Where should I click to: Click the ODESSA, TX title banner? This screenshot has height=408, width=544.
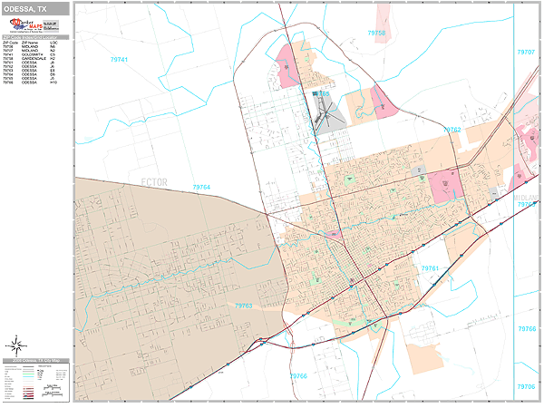tap(34, 7)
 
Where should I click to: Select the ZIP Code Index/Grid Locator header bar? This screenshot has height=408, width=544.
tap(34, 36)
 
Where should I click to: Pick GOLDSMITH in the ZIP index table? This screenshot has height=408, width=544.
tap(33, 55)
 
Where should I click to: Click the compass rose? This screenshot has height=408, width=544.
tap(15, 345)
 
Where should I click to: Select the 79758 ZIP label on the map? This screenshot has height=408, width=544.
tap(375, 33)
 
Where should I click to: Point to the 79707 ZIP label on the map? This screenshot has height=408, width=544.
tap(527, 53)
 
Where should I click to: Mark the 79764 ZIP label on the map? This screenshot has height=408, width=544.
tap(201, 187)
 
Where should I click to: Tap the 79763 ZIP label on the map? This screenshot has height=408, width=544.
tap(243, 306)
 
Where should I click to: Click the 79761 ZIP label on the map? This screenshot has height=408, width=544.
tap(429, 268)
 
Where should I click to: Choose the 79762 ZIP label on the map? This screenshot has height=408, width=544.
tap(452, 130)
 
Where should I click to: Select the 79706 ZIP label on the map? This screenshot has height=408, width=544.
tap(527, 205)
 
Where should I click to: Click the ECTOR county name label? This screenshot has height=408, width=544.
tap(155, 182)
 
